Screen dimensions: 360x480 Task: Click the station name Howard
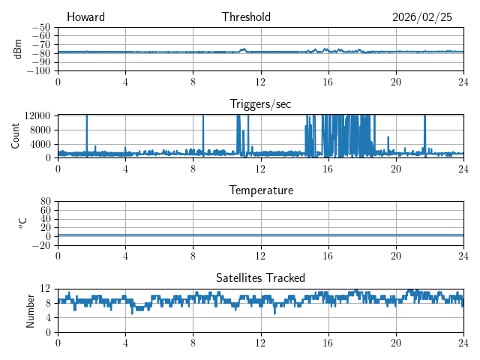pos(85,17)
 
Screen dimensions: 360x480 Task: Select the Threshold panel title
pos(246,17)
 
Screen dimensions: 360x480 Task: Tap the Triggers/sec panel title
pos(260,103)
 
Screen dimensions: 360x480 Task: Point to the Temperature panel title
pos(260,190)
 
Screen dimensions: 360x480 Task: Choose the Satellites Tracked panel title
pos(260,277)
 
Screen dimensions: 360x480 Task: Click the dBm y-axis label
pos(17,49)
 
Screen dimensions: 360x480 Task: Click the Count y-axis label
pos(15,136)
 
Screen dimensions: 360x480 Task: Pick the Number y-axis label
pos(31,310)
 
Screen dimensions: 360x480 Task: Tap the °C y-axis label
pos(22,223)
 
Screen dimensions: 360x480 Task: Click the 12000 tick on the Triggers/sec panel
pos(37,115)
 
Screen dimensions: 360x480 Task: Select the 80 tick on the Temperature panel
pos(45,202)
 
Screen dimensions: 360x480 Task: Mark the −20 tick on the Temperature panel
pos(41,245)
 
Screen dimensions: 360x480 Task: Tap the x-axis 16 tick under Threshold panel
pos(328,82)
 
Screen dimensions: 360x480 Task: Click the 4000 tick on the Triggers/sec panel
pos(40,143)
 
